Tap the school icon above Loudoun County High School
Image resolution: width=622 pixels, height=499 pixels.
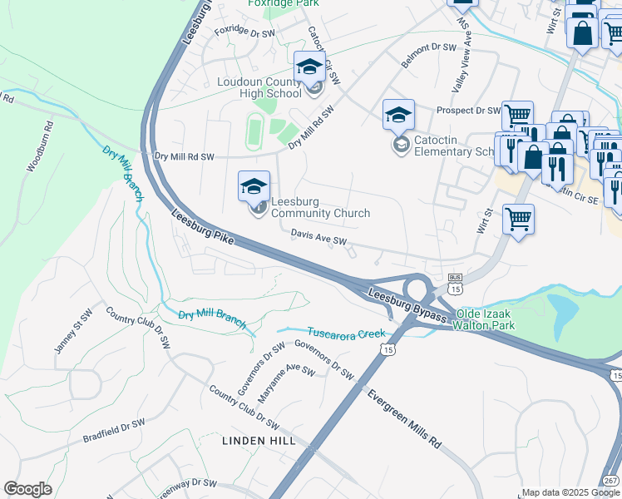tap(309, 67)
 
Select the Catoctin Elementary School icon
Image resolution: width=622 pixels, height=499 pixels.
tap(398, 115)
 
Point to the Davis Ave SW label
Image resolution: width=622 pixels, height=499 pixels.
tap(318, 240)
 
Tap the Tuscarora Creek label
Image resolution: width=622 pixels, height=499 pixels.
tap(346, 333)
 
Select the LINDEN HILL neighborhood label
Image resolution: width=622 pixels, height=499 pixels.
tap(259, 440)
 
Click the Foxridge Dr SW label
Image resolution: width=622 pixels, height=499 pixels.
tap(244, 33)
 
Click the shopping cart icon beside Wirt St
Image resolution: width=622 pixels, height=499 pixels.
tap(518, 220)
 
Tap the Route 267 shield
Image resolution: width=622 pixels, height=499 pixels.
tap(610, 482)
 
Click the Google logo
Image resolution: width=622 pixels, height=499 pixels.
tap(28, 490)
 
